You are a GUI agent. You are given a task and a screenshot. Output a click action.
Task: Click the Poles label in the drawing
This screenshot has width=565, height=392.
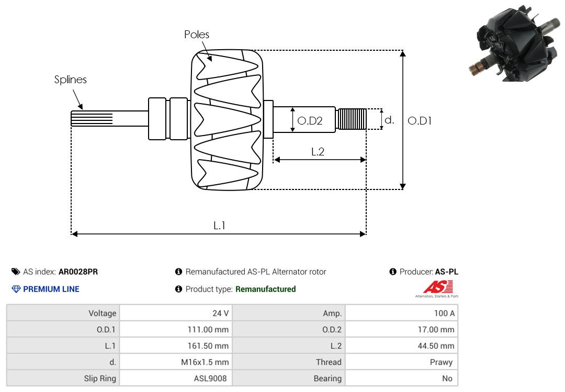pos(196,34)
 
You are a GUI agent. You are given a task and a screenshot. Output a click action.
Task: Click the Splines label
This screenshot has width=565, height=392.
pos(70,80)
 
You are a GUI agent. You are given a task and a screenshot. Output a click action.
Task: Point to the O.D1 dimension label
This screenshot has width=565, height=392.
pos(420,121)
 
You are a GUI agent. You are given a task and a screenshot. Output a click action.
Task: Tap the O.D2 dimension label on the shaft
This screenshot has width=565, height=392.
pos(310,121)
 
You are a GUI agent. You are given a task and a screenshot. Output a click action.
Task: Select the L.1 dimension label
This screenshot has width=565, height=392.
pos(219,226)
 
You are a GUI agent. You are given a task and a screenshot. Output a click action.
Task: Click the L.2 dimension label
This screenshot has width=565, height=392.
pos(318,151)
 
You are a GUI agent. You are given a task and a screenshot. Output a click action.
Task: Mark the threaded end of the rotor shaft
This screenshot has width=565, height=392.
pos(352,119)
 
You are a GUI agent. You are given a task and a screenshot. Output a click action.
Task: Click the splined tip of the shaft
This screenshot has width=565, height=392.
pos(92,118)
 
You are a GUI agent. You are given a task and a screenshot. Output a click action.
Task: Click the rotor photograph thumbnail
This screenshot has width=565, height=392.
pos(516,43)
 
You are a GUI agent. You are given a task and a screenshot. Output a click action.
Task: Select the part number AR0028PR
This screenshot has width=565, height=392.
pos(78,272)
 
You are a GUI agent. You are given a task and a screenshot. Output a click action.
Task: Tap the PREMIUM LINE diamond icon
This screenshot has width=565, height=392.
pos(16,289)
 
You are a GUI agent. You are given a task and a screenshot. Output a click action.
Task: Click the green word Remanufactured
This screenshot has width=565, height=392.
pos(266,289)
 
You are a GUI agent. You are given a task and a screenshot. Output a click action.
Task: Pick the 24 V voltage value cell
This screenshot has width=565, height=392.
pos(176,313)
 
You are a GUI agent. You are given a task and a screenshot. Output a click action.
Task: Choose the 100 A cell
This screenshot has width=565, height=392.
pos(401,313)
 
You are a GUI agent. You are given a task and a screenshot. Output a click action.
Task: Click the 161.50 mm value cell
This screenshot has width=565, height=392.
pos(176,345)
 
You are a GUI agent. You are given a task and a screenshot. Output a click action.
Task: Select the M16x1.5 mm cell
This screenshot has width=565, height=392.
pos(176,362)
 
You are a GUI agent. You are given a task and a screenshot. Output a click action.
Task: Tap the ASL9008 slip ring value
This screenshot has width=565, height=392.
pos(210,378)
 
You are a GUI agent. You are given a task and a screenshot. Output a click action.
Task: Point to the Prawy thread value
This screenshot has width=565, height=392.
pos(441,362)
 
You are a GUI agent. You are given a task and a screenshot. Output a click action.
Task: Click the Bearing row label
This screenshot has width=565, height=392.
pos(327,378)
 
